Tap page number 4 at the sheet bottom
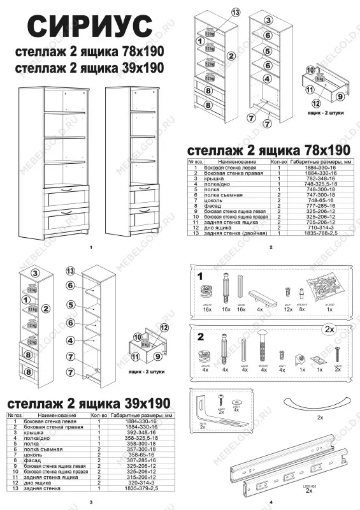[271, 502]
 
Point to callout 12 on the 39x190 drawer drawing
[164, 328]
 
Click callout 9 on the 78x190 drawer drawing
[340, 96]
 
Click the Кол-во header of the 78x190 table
[279, 162]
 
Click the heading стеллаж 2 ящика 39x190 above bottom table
[88, 404]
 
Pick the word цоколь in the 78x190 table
[220, 200]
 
